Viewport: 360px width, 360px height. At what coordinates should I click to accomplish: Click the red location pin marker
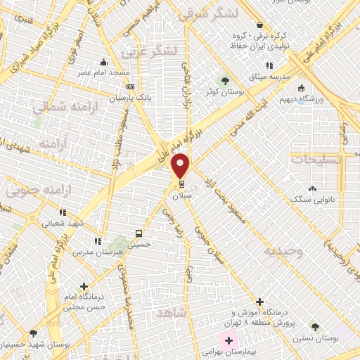point(181,165)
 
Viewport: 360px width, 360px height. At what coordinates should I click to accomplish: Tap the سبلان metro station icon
point(181,185)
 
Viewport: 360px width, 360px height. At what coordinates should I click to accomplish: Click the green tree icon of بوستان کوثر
point(225,80)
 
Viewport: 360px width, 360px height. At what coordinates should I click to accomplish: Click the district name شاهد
point(172,311)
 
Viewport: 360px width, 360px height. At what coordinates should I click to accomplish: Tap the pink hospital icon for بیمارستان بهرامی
point(210,340)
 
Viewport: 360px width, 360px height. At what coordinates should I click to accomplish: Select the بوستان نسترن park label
point(336,339)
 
